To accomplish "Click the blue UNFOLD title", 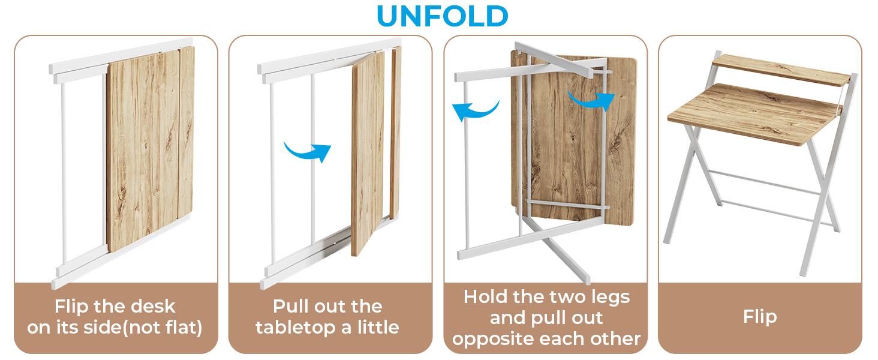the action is [x=442, y=16].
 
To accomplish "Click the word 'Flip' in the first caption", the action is [x=71, y=307].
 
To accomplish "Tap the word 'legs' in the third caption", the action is [x=612, y=298].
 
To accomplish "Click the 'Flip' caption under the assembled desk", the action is [x=760, y=317].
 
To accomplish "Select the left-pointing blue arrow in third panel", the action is [x=475, y=110].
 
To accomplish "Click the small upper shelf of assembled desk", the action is [x=780, y=70].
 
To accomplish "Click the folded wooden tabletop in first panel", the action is [x=150, y=148].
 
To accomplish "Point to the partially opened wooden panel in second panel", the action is [x=368, y=154].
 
